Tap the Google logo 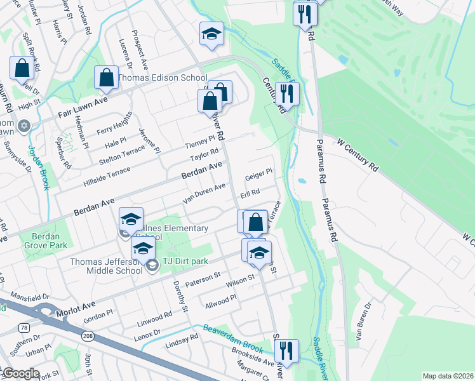pos(20,373)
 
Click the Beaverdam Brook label pos(233,338)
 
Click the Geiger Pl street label pos(258,173)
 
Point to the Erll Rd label pos(250,192)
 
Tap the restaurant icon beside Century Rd pos(287,93)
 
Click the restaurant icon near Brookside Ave pos(286,351)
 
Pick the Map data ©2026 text pos(448,376)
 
